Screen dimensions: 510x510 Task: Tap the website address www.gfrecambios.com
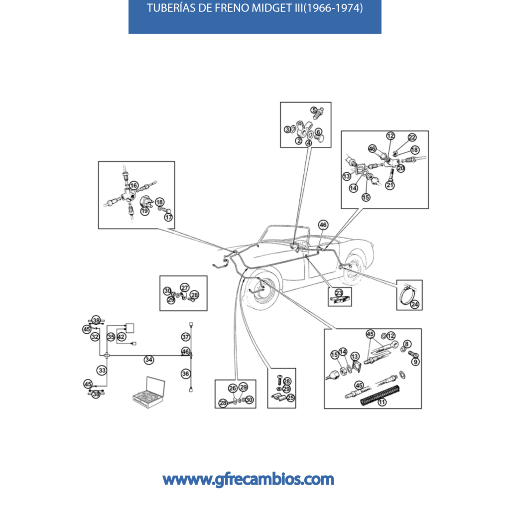[x=248, y=480]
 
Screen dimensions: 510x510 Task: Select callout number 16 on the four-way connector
[x=133, y=186]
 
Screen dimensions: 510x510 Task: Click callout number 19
[x=144, y=211]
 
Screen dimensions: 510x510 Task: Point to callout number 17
[x=168, y=218]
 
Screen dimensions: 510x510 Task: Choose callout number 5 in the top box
[x=314, y=110]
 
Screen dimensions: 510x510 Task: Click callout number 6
[x=318, y=132]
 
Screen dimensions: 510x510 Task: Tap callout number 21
[x=390, y=186]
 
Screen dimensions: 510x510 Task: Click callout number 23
[x=339, y=293]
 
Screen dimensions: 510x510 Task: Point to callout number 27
[x=185, y=288]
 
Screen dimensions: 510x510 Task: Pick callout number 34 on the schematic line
[x=149, y=359]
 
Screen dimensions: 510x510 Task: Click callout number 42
[x=122, y=337]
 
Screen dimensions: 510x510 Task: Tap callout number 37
[x=186, y=337]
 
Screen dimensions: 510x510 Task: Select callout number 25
[x=290, y=397]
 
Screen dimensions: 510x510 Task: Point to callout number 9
[x=415, y=362]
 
